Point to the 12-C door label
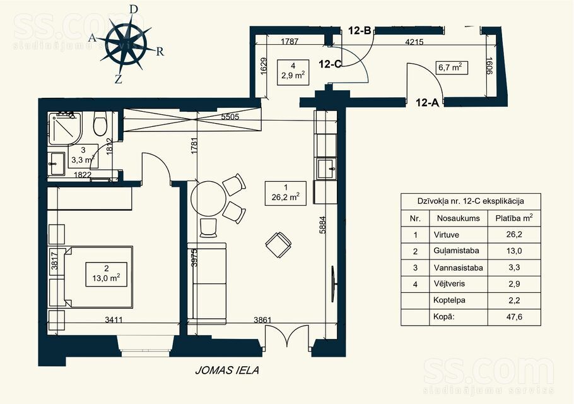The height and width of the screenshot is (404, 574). coord(330,64)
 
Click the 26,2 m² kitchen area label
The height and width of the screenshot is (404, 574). coord(281,191)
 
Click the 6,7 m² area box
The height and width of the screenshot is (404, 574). coord(451,67)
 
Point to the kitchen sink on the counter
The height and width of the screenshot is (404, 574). coord(327,169)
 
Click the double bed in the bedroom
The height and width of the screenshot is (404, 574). coord(98,276)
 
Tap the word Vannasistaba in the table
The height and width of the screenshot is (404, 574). coord(457,268)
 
